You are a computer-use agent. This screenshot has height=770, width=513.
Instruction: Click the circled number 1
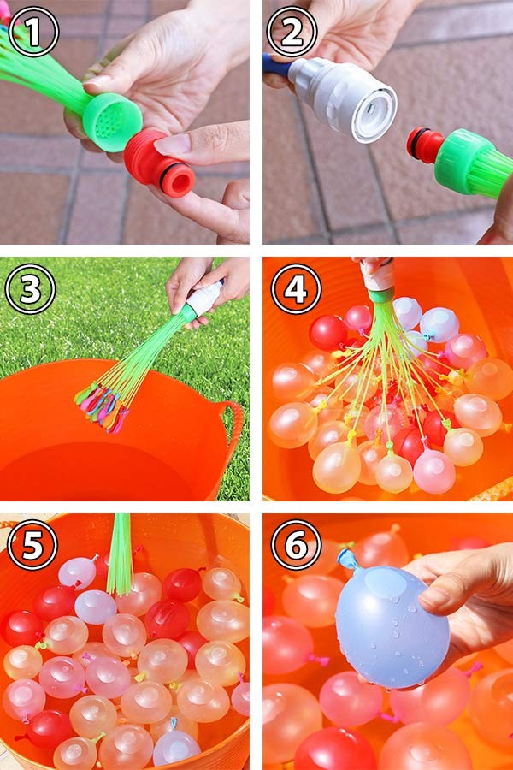(x=33, y=32)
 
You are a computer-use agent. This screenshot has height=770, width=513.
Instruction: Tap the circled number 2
(x=292, y=32)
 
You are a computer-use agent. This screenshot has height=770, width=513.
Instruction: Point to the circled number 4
(x=296, y=289)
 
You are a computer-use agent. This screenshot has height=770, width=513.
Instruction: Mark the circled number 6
(x=296, y=545)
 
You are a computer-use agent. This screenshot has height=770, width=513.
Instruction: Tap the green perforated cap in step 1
(x=112, y=121)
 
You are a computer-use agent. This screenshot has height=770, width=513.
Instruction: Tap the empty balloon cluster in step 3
(x=101, y=406)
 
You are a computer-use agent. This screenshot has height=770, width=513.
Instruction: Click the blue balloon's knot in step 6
(x=347, y=559)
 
